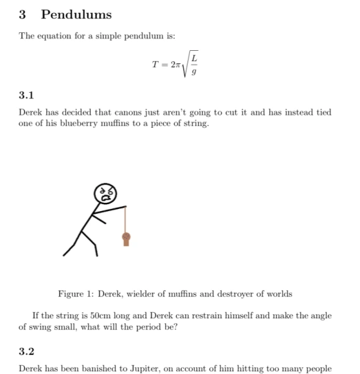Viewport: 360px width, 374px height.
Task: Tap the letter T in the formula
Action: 156,65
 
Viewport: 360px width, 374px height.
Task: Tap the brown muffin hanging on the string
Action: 126,239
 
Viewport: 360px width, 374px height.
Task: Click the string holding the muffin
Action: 126,220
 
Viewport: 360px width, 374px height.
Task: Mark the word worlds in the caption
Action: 277,294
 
